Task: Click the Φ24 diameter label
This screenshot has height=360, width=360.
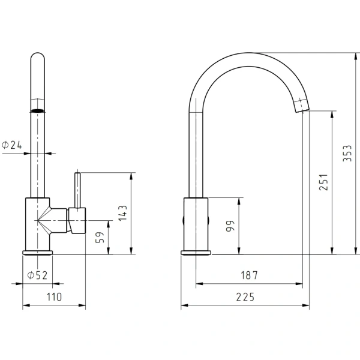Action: (x=12, y=145)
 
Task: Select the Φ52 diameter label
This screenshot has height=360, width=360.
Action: (x=37, y=275)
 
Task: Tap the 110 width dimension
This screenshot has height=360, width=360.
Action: (x=54, y=297)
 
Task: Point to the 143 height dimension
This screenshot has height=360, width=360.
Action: (x=122, y=213)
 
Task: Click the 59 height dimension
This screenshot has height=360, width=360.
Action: (x=100, y=238)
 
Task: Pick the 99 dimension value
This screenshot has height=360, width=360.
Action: (x=230, y=226)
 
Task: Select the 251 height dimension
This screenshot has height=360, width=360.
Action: (x=323, y=182)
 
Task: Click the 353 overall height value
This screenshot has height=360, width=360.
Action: (x=347, y=153)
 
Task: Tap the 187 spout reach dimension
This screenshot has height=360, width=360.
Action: (x=250, y=275)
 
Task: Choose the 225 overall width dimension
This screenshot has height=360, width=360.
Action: (x=245, y=297)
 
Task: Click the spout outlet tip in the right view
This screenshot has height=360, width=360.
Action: (x=302, y=110)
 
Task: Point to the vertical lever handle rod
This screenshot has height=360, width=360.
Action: (x=77, y=190)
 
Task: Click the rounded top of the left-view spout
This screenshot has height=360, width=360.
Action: (x=38, y=56)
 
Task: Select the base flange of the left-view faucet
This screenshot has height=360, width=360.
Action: (x=38, y=253)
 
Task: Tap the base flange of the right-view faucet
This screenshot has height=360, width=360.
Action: (x=196, y=253)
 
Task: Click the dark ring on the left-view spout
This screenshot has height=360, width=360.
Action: (x=38, y=110)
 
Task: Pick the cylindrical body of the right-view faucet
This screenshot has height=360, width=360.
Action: (x=196, y=224)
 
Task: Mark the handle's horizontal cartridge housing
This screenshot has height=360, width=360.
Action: (x=77, y=221)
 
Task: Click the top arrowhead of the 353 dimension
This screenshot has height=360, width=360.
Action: (x=356, y=56)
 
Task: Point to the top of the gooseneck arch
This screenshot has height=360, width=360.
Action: (x=249, y=53)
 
